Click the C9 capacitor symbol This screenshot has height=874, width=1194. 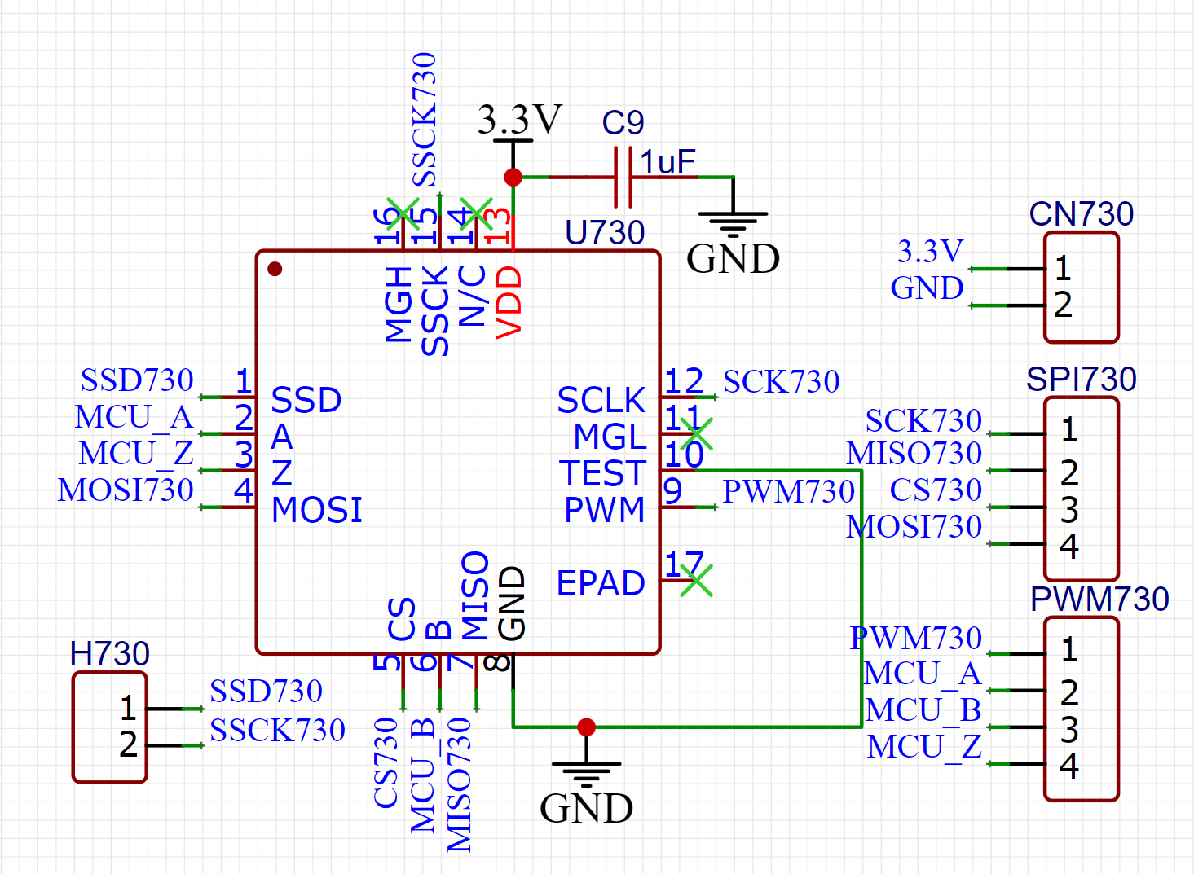[623, 178]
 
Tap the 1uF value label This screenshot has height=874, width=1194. [667, 161]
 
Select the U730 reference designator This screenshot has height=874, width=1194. [605, 232]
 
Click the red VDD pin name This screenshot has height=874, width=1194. [509, 302]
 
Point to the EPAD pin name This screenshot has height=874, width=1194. [601, 583]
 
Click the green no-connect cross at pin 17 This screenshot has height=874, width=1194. [696, 580]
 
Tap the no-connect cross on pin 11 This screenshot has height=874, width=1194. [696, 434]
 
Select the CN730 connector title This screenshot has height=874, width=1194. [1081, 214]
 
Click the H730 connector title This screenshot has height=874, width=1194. [110, 653]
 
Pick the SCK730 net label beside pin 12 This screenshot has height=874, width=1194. [781, 381]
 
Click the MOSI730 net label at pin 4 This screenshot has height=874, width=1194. [126, 490]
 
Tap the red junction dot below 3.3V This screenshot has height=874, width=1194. [513, 177]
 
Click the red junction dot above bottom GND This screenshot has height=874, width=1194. [586, 727]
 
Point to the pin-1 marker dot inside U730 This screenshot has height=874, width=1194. [275, 269]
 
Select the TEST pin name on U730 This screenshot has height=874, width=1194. [602, 473]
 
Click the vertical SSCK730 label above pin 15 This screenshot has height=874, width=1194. [425, 119]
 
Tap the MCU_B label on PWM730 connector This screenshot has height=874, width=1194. [923, 710]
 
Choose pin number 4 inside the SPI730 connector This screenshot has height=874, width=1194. [1068, 546]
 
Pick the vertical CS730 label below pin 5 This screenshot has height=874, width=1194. [386, 762]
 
